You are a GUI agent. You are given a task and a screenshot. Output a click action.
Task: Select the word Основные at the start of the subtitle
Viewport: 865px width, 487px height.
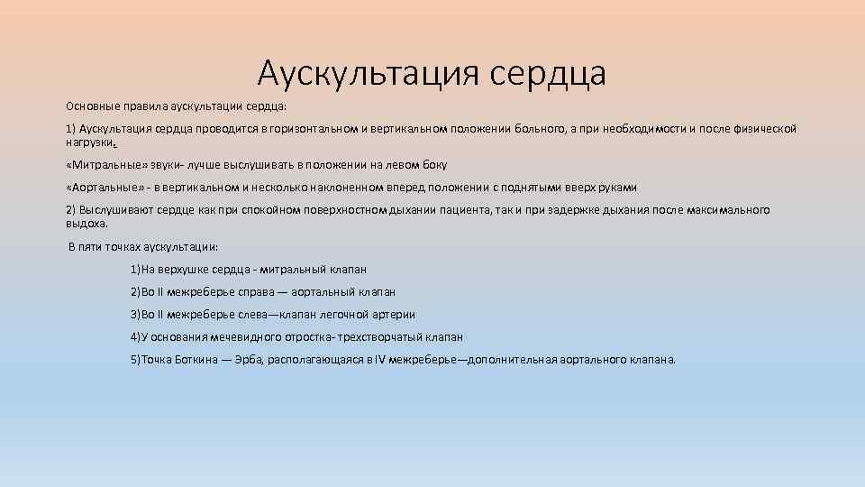pos(88,106)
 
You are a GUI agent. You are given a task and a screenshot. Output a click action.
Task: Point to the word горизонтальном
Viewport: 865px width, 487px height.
pos(314,129)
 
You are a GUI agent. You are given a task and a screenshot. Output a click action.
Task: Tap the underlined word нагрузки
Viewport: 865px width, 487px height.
pos(90,142)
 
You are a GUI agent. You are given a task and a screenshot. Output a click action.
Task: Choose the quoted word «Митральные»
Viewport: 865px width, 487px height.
pos(101,165)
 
